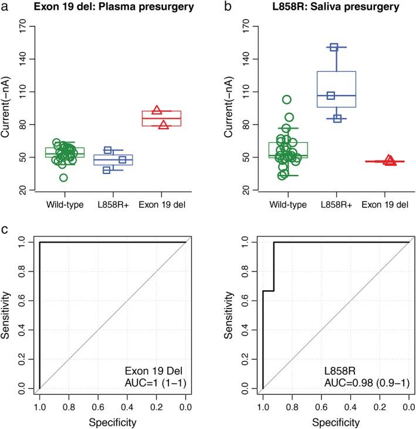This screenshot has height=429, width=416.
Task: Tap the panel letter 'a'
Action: click(x=5, y=7)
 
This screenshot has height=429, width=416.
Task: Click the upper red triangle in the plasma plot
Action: click(x=157, y=110)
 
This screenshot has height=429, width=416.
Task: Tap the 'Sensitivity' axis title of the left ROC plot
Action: click(x=6, y=315)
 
